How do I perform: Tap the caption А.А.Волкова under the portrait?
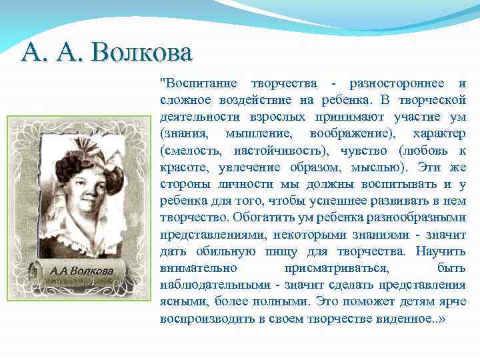click(x=81, y=271)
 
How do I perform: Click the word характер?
click(x=439, y=133)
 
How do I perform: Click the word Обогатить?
click(x=260, y=217)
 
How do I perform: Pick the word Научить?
click(x=440, y=251)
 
